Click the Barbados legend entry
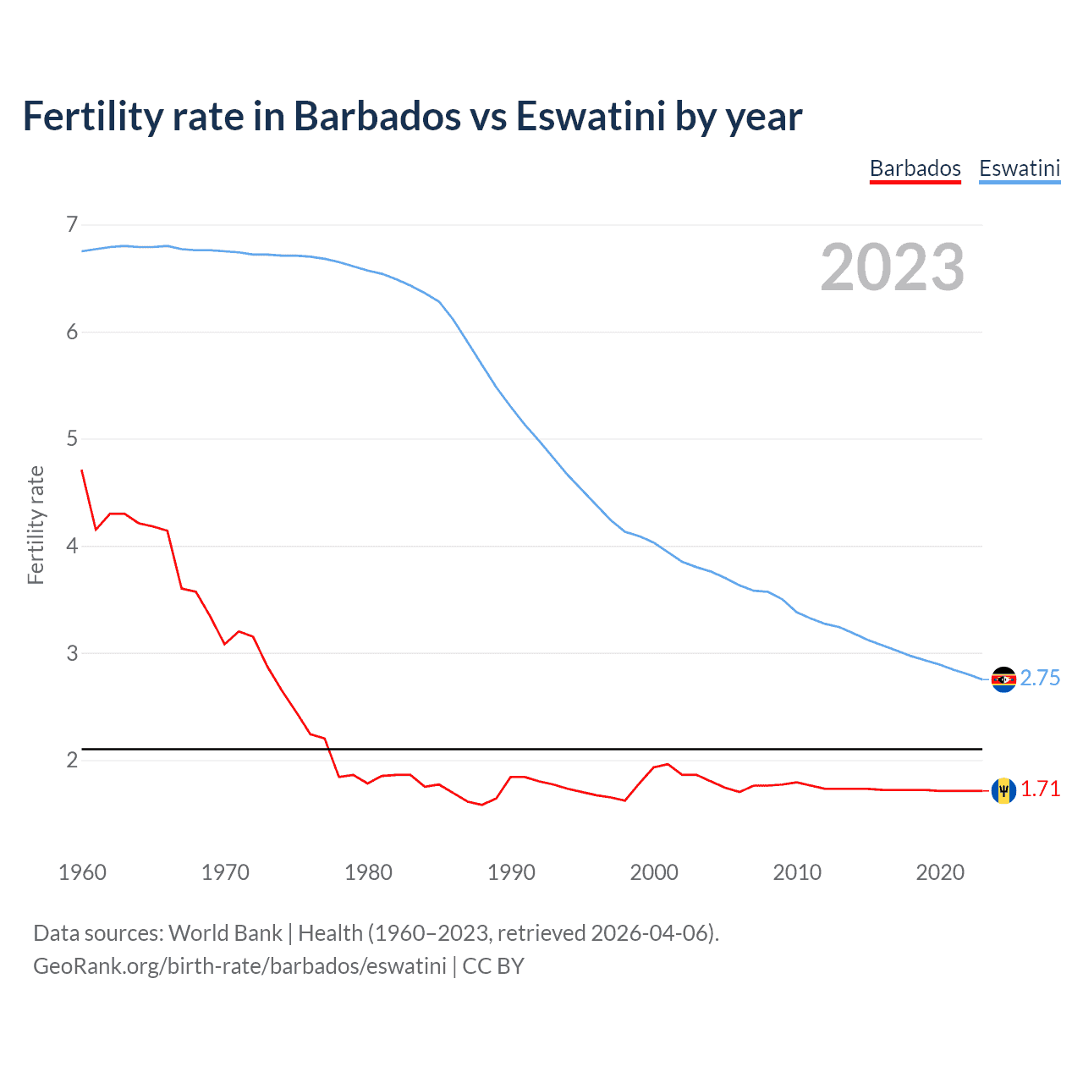click(915, 168)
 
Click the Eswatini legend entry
click(1019, 168)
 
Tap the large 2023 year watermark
click(892, 267)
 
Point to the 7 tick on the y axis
click(72, 224)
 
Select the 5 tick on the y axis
click(72, 438)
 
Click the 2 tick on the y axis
click(72, 760)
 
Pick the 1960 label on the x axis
click(82, 872)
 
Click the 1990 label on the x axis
click(511, 872)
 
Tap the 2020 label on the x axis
click(940, 872)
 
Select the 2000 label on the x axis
click(654, 872)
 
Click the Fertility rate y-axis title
click(36, 525)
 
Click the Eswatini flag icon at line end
click(1003, 679)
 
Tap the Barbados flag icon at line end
click(1003, 790)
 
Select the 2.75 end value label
click(1040, 679)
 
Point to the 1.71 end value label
click(1040, 789)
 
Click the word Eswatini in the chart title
click(591, 117)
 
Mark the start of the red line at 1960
click(82, 470)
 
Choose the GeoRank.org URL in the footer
click(239, 966)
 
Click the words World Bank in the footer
click(225, 933)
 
